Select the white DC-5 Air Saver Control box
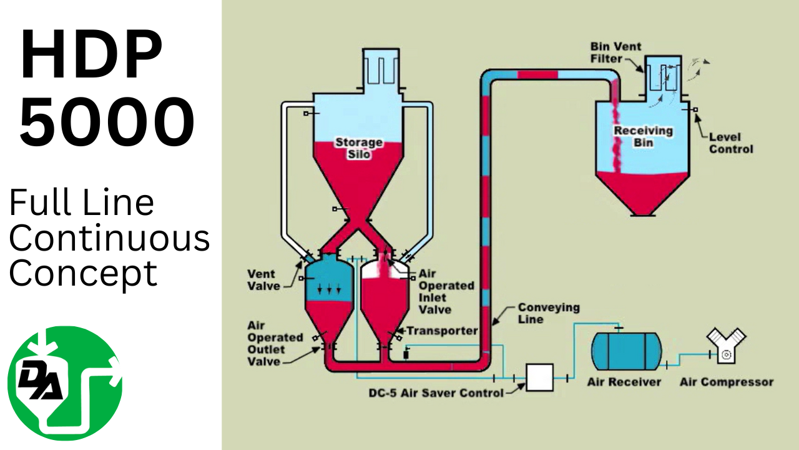[539, 377]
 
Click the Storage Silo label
[359, 147]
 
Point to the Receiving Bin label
[634, 136]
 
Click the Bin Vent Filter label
[615, 53]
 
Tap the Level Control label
[731, 143]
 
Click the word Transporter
[442, 331]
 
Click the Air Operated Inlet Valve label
[446, 291]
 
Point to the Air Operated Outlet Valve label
[275, 343]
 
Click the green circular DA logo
[65, 383]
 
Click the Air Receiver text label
[624, 382]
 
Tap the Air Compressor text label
[726, 382]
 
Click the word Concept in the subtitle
[83, 273]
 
